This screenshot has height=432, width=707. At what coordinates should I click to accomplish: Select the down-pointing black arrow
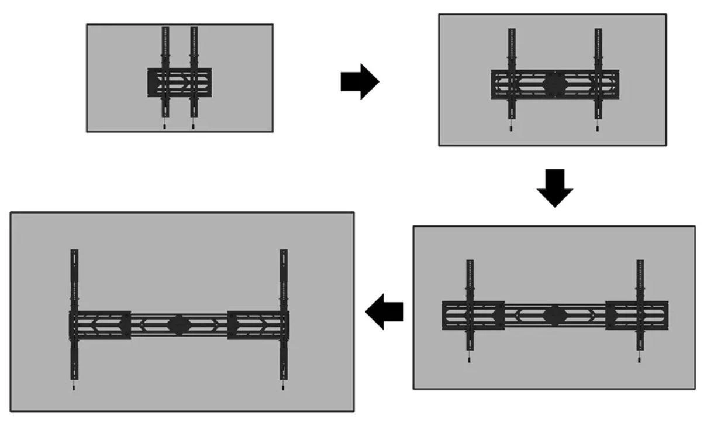554,187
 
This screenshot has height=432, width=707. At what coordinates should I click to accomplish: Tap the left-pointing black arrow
384,311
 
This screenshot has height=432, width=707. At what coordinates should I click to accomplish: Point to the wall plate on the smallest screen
179,83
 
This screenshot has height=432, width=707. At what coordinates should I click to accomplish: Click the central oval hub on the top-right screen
554,84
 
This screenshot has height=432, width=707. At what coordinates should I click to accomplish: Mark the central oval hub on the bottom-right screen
554,316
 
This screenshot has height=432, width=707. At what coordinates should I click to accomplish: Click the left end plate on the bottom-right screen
473,316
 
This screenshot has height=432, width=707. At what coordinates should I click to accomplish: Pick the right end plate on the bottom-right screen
637,316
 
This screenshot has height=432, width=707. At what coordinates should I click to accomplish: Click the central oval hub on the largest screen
178,325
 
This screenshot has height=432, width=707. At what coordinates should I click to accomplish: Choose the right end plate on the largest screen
257,325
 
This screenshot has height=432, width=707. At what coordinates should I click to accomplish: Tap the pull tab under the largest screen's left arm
74,387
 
